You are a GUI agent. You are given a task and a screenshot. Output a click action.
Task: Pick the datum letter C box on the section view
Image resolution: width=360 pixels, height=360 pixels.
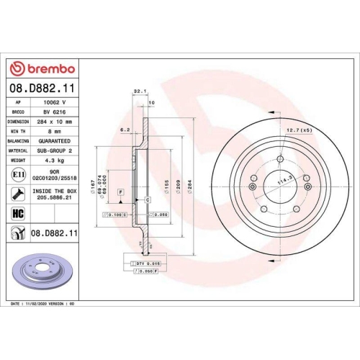pyautogui.click(x=146, y=199)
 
